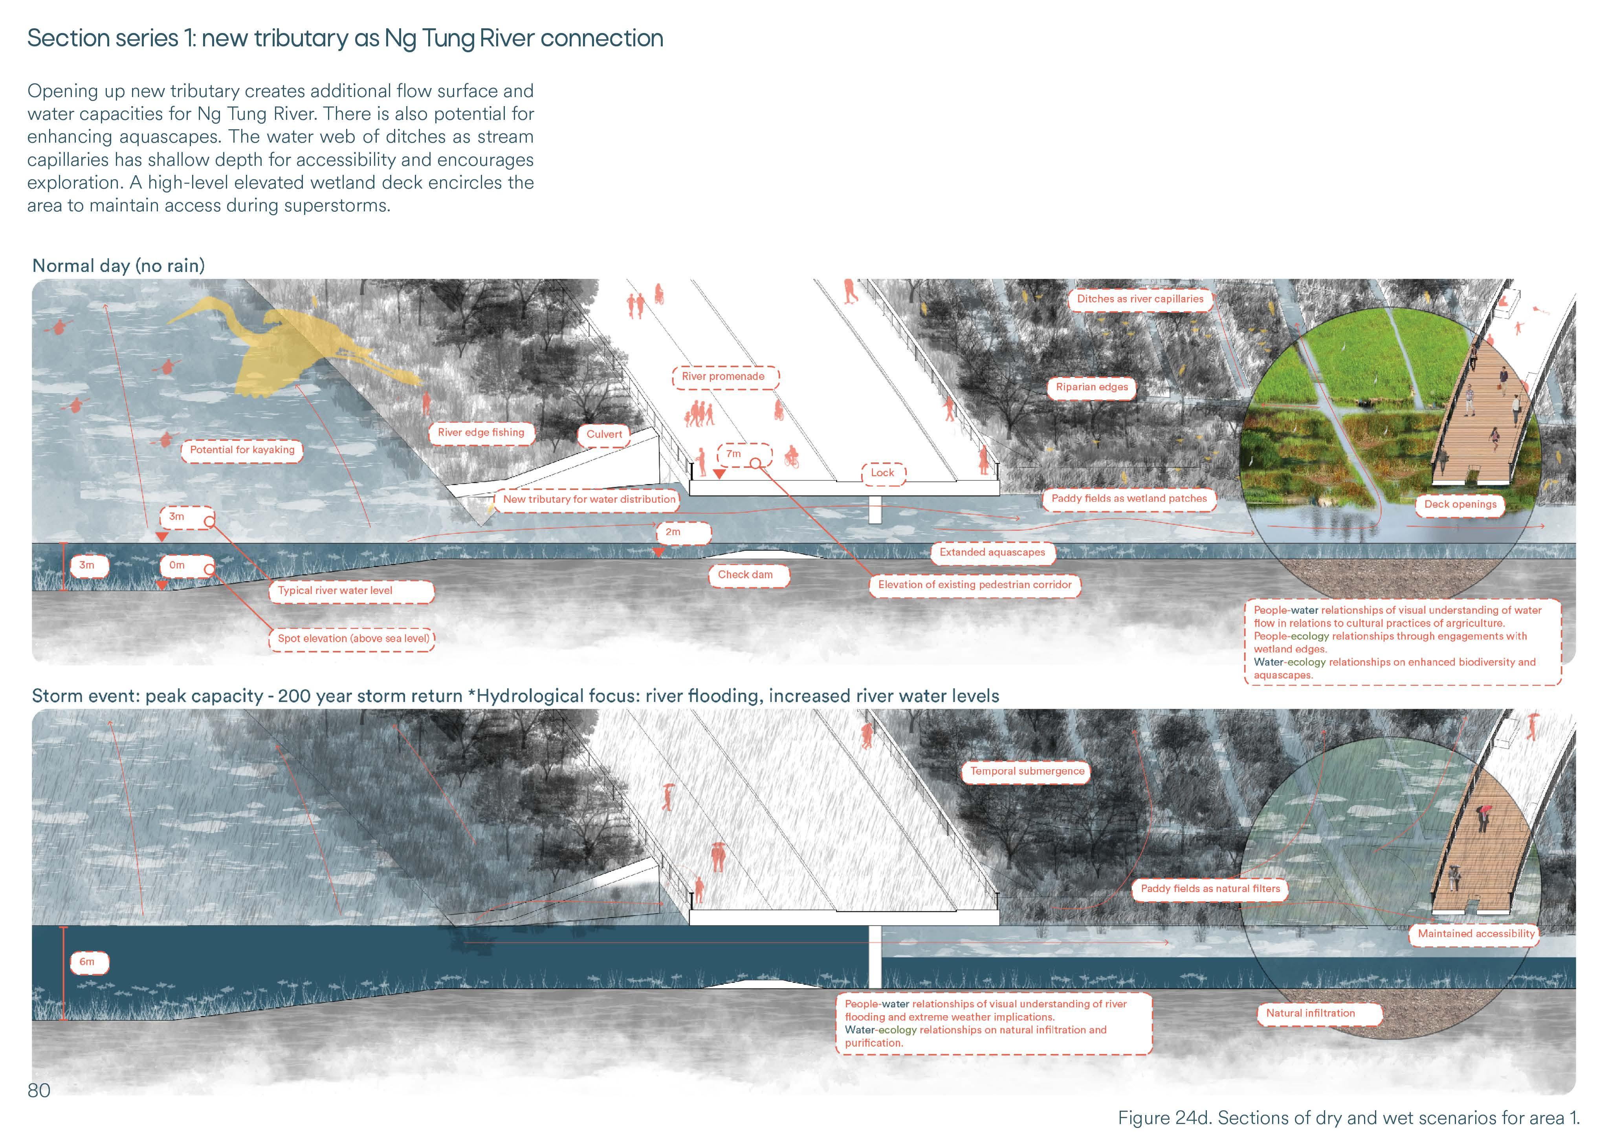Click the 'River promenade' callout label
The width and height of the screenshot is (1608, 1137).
click(723, 377)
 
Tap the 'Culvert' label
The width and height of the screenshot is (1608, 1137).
click(604, 435)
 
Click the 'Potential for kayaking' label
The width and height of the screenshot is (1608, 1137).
click(242, 450)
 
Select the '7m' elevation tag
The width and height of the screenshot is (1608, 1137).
click(733, 454)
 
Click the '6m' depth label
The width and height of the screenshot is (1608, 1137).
click(87, 962)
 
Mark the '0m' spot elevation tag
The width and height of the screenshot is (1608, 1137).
click(177, 565)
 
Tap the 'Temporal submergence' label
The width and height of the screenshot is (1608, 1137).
click(1027, 771)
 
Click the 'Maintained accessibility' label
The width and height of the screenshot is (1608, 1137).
click(1476, 934)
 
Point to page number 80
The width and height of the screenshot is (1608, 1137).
click(39, 1090)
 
